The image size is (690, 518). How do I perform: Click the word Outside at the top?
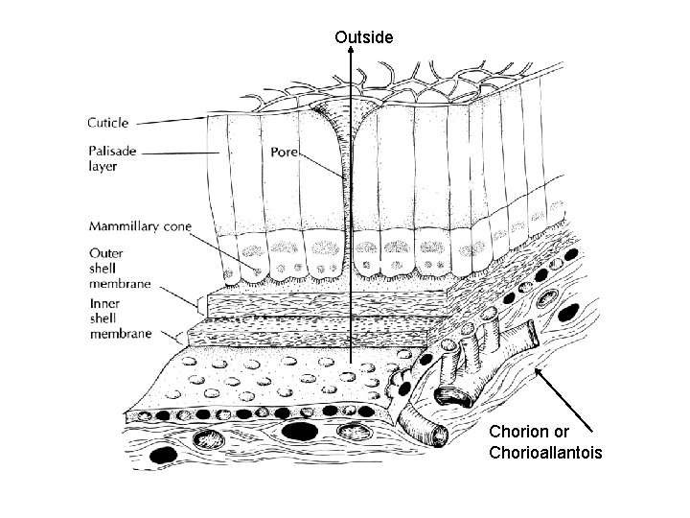(x=363, y=37)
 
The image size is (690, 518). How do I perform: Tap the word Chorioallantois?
(x=545, y=452)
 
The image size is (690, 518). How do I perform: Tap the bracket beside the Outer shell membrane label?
(x=197, y=306)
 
